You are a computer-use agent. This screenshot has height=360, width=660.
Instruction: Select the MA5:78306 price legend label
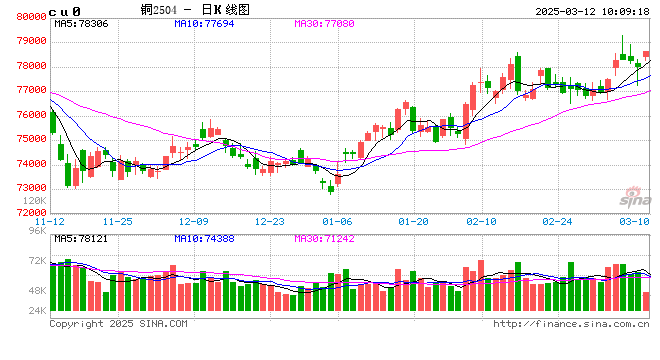coord(82,23)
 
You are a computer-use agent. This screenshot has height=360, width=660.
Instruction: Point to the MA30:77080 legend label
coord(324,23)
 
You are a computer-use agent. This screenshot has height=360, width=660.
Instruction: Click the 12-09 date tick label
coord(193,220)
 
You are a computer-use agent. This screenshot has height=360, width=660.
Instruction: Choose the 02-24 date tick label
coord(557,220)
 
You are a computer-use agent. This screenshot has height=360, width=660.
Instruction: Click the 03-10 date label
coord(634,220)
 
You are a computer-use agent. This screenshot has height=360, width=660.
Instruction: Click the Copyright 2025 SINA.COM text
coord(118,323)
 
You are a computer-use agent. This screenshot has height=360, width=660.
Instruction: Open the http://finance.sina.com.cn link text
coord(572,323)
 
